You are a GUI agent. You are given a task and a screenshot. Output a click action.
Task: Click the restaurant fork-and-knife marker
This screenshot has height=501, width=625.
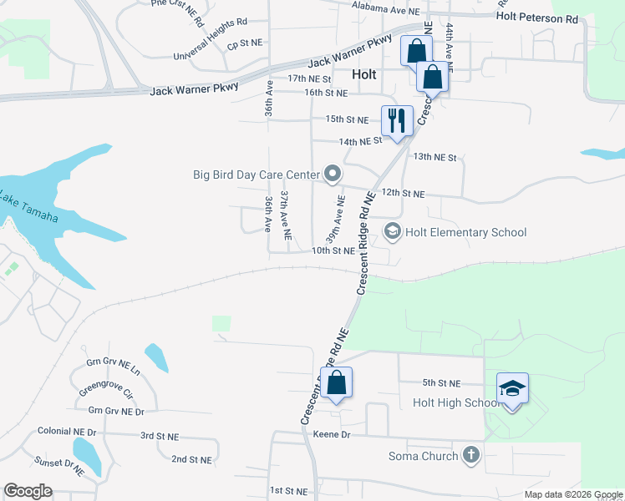click(x=396, y=120)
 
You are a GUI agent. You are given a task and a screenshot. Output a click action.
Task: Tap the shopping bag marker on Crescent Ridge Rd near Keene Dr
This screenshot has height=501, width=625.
click(x=336, y=383)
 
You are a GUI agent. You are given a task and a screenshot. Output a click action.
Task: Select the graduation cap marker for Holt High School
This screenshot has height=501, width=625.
click(x=512, y=388)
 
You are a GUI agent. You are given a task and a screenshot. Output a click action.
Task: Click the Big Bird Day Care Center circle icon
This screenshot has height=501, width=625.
click(x=333, y=175)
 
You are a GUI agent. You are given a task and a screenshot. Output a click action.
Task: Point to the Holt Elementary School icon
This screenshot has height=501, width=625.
click(x=392, y=230)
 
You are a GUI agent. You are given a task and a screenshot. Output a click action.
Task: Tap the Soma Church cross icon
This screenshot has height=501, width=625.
click(x=471, y=455)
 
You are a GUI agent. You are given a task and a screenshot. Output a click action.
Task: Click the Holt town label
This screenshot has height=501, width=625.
click(x=364, y=73)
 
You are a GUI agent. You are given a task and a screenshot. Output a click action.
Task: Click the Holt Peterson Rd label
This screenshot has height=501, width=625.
click(x=536, y=17)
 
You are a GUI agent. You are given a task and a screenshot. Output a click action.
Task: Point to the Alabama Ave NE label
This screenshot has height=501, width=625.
click(x=384, y=10)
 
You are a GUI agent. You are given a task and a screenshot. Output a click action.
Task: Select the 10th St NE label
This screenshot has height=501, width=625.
click(x=333, y=250)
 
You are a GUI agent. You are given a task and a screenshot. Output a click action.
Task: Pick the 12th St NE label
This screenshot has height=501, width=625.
click(x=403, y=194)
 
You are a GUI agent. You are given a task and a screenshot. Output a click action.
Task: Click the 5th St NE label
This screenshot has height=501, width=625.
click(x=441, y=383)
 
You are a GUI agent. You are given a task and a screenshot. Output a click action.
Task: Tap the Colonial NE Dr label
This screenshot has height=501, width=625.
click(x=68, y=432)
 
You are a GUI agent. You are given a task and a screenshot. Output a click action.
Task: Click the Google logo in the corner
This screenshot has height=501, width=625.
click(x=28, y=491)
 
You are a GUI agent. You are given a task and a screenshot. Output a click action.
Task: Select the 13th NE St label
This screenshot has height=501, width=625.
click(x=435, y=157)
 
